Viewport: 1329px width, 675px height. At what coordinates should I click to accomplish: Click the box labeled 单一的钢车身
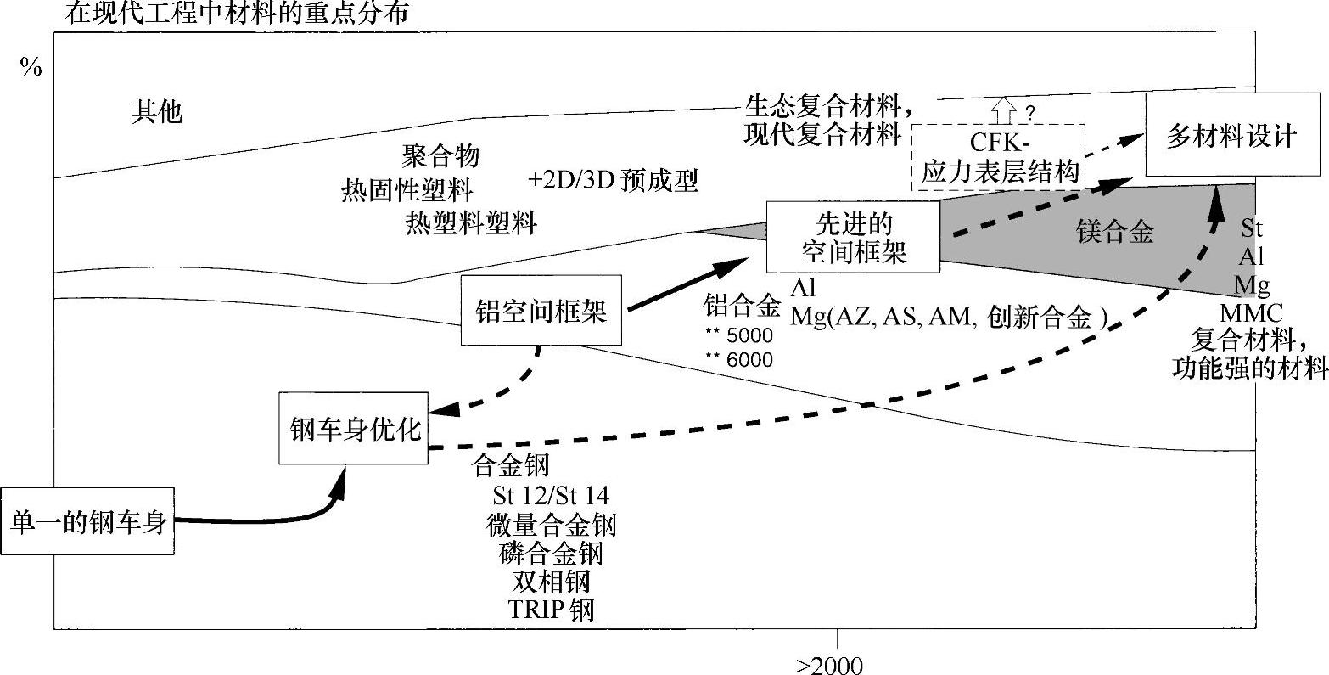[87, 521]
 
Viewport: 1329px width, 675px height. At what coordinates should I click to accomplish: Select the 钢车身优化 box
[354, 429]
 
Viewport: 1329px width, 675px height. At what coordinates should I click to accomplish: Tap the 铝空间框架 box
[541, 311]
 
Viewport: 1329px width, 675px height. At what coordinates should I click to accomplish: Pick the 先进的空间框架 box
[853, 237]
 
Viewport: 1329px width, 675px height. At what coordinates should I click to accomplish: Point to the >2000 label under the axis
[829, 665]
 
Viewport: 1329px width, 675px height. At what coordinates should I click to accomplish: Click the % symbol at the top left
[31, 69]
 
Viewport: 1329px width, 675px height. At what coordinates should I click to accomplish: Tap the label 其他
[157, 111]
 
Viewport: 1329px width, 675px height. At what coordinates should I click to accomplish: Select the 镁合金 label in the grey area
[1114, 233]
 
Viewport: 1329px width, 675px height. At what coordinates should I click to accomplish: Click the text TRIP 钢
[551, 610]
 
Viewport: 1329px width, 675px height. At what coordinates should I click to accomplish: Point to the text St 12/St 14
[551, 495]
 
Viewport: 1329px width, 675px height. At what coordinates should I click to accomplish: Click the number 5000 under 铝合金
[750, 335]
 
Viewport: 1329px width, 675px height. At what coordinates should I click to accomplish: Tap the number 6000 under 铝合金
[750, 360]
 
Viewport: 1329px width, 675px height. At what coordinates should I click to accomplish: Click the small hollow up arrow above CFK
[1004, 110]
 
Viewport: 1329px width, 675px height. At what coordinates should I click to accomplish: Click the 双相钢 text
[551, 582]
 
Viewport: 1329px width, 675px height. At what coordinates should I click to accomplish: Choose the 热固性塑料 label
[407, 188]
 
